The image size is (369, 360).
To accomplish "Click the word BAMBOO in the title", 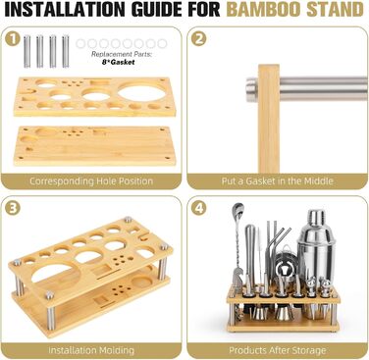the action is click(263, 9).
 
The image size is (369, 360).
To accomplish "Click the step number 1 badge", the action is click(13, 39).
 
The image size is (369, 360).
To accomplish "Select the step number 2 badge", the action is click(199, 39).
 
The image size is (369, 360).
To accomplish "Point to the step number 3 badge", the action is click(13, 209).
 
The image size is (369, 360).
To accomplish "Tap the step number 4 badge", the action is click(199, 209).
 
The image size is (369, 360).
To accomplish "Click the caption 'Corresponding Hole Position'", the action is click(91, 181).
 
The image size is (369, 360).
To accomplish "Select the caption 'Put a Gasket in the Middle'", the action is click(278, 181).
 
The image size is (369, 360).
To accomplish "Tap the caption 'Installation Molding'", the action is click(91, 350).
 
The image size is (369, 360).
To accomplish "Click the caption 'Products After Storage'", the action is click(278, 350).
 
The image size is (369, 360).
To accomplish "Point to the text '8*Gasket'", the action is click(118, 62).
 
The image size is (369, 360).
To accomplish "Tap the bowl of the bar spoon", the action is click(237, 209).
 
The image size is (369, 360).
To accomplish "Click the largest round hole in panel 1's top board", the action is click(141, 92).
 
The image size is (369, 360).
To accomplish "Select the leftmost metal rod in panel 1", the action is click(26, 51).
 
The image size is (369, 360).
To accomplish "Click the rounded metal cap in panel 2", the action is click(251, 88).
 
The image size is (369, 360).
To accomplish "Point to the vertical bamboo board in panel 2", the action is click(269, 119).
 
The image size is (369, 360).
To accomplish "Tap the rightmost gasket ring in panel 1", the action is click(162, 43).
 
